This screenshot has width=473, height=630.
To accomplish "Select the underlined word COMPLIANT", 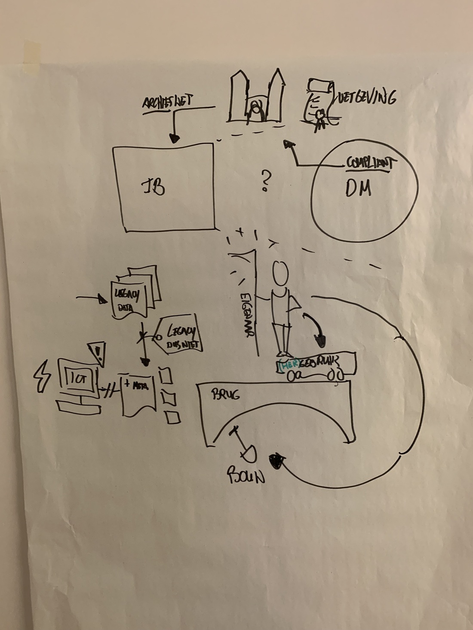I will click(x=371, y=163).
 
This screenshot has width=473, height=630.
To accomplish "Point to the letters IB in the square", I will click(x=154, y=187).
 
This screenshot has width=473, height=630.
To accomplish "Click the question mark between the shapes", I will click(x=265, y=180).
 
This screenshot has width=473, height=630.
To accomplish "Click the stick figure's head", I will click(x=280, y=274).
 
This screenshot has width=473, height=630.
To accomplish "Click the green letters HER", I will click(x=287, y=365).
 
